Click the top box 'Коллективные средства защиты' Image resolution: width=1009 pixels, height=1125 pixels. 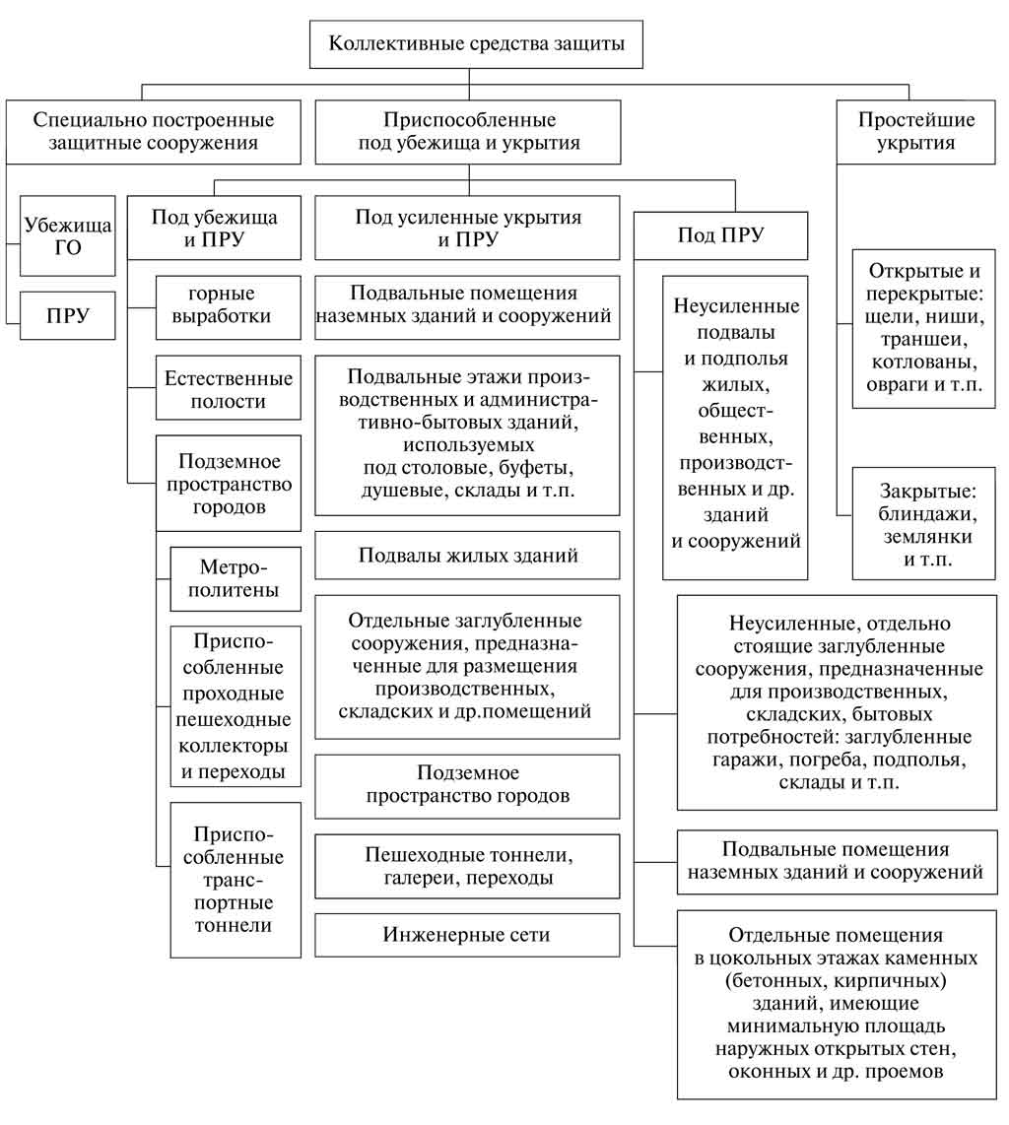476,43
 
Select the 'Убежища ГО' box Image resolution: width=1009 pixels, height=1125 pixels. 67,236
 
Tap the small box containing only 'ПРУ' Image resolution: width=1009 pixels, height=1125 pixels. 67,315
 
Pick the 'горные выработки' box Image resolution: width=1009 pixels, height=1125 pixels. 229,307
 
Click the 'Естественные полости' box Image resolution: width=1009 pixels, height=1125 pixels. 229,388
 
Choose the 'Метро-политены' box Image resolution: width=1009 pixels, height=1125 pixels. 235,579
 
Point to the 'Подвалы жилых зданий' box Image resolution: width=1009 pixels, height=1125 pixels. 467,556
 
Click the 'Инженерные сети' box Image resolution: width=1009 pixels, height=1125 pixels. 467,935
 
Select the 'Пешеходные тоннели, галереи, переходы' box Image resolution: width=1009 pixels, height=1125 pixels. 467,866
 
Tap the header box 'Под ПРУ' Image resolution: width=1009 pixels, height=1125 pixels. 720,235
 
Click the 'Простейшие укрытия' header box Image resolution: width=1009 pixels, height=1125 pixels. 915,131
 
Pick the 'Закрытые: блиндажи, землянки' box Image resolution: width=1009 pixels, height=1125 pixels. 924,524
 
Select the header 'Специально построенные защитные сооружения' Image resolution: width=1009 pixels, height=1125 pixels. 154,131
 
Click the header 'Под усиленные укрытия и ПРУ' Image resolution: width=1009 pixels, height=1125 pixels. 467,228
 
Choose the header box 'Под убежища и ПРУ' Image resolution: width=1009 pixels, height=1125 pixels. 214,228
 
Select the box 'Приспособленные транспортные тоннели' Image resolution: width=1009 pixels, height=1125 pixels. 235,880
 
